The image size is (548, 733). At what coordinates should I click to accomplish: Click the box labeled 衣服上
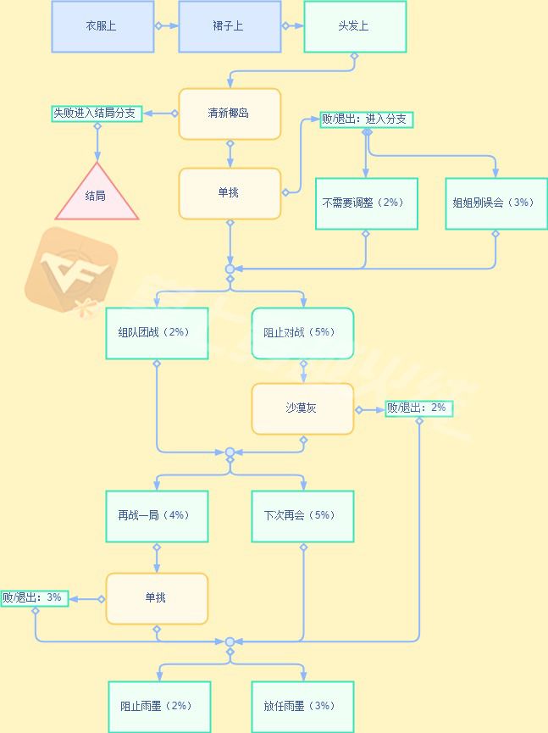coord(102,26)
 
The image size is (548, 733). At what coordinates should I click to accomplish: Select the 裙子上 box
coord(230,26)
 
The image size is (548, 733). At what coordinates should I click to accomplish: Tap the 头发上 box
coord(355,26)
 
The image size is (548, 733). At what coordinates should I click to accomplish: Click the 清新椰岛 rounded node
coord(230,114)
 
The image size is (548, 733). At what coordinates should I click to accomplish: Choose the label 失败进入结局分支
coord(97,114)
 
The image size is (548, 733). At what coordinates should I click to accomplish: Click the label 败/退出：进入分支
coord(367,119)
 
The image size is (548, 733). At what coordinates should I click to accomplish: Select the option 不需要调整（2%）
coord(367,203)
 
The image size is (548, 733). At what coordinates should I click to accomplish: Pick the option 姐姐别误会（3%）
coord(496,203)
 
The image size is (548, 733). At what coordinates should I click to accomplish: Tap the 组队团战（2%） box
coord(157,333)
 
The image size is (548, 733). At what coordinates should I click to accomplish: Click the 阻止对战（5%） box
coord(302,333)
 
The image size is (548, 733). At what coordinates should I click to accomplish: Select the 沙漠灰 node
coord(302,409)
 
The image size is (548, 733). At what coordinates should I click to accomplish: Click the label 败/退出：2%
coord(419,408)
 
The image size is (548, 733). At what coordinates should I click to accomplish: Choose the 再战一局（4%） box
coord(157,517)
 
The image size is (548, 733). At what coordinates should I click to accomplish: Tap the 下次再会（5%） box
coord(302,517)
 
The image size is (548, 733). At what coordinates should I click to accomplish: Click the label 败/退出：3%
coord(35,598)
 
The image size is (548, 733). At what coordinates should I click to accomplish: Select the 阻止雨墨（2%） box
coord(160,707)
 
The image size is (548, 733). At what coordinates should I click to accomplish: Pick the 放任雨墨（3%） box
coord(302,707)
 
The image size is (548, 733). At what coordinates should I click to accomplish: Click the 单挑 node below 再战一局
coord(157,599)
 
